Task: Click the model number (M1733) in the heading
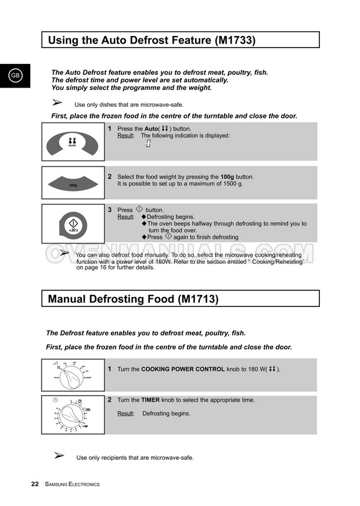point(235,40)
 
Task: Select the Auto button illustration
point(73,142)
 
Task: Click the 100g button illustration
point(73,184)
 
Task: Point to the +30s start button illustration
point(73,225)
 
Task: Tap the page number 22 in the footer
point(35,484)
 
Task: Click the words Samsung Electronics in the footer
point(72,485)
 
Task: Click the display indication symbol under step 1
point(148,143)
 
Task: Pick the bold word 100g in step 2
point(227,176)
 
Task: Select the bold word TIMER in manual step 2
point(150,400)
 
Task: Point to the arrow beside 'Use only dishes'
point(57,103)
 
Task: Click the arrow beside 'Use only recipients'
point(59,456)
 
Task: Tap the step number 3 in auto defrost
point(109,209)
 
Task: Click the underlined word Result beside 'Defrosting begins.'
point(125,414)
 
